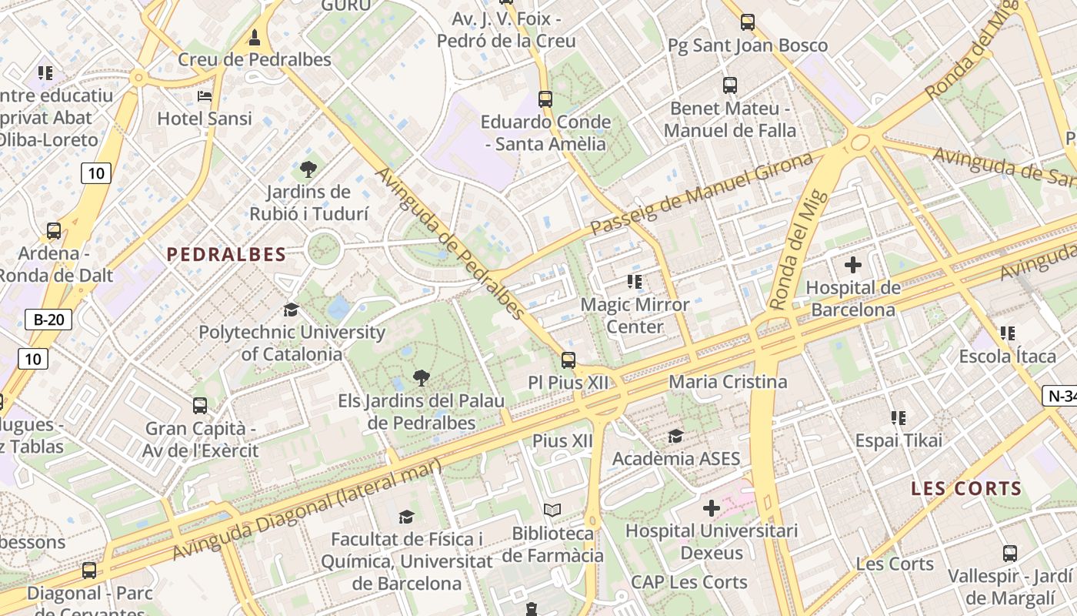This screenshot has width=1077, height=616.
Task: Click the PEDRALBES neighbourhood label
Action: pyautogui.click(x=226, y=254)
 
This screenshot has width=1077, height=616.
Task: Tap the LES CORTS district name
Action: pyautogui.click(x=966, y=488)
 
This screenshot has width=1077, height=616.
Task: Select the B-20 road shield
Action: pyautogui.click(x=48, y=320)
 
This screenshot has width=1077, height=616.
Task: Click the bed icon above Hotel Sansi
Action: pyautogui.click(x=205, y=96)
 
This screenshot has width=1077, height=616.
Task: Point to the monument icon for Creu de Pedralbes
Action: pyautogui.click(x=255, y=37)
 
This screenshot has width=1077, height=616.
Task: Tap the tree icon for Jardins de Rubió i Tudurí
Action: pyautogui.click(x=308, y=169)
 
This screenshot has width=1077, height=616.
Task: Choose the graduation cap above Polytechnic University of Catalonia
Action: pyautogui.click(x=291, y=310)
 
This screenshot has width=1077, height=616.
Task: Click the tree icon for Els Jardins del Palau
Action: pyautogui.click(x=421, y=378)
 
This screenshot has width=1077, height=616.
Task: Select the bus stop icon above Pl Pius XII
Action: pyautogui.click(x=569, y=360)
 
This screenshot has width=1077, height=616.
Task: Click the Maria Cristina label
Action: pyautogui.click(x=728, y=382)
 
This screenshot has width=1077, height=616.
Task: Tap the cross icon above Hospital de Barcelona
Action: pyautogui.click(x=852, y=266)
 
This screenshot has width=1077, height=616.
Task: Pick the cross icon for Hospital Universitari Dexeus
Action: pyautogui.click(x=712, y=508)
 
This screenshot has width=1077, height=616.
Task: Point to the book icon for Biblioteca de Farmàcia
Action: pyautogui.click(x=552, y=510)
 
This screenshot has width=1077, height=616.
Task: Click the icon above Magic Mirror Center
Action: pyautogui.click(x=635, y=282)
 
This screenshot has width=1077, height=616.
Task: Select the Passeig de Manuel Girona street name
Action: pyautogui.click(x=702, y=194)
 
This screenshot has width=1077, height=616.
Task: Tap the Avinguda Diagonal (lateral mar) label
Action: pyautogui.click(x=307, y=509)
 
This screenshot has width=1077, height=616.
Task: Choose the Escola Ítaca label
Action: pyautogui.click(x=1007, y=357)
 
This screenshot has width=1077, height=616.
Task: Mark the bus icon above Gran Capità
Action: pyautogui.click(x=200, y=405)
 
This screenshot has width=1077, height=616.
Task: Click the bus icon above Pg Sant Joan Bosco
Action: pyautogui.click(x=748, y=22)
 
